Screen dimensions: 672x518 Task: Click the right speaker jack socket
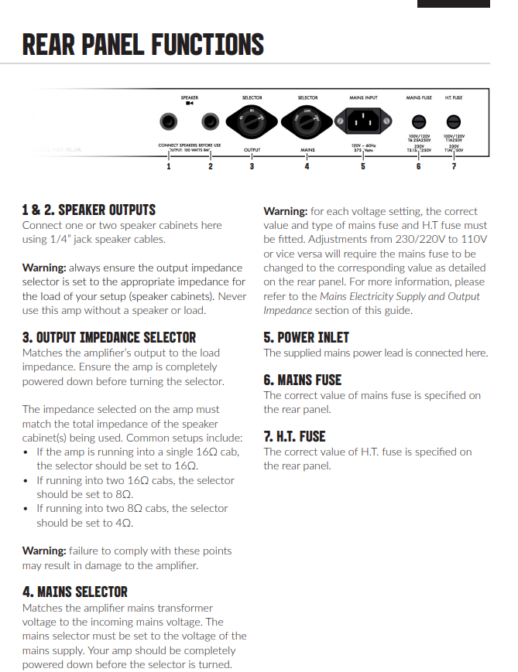210,122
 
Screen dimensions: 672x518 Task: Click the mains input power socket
362,121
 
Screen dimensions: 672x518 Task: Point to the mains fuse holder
419,121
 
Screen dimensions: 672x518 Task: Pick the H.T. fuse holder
454,121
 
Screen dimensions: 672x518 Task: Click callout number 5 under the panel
362,165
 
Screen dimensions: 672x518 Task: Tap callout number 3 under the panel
252,165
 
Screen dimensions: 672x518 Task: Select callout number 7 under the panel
454,165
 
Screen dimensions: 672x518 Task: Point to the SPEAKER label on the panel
190,98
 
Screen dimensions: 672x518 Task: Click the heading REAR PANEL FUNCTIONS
143,44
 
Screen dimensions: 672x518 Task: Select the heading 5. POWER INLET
306,337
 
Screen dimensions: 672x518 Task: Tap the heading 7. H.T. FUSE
294,436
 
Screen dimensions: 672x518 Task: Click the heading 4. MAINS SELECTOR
75,592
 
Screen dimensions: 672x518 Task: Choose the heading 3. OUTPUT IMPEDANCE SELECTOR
109,337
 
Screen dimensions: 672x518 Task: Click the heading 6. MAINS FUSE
302,380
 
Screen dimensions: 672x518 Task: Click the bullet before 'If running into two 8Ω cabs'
27,509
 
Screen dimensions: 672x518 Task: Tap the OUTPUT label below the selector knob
252,149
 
